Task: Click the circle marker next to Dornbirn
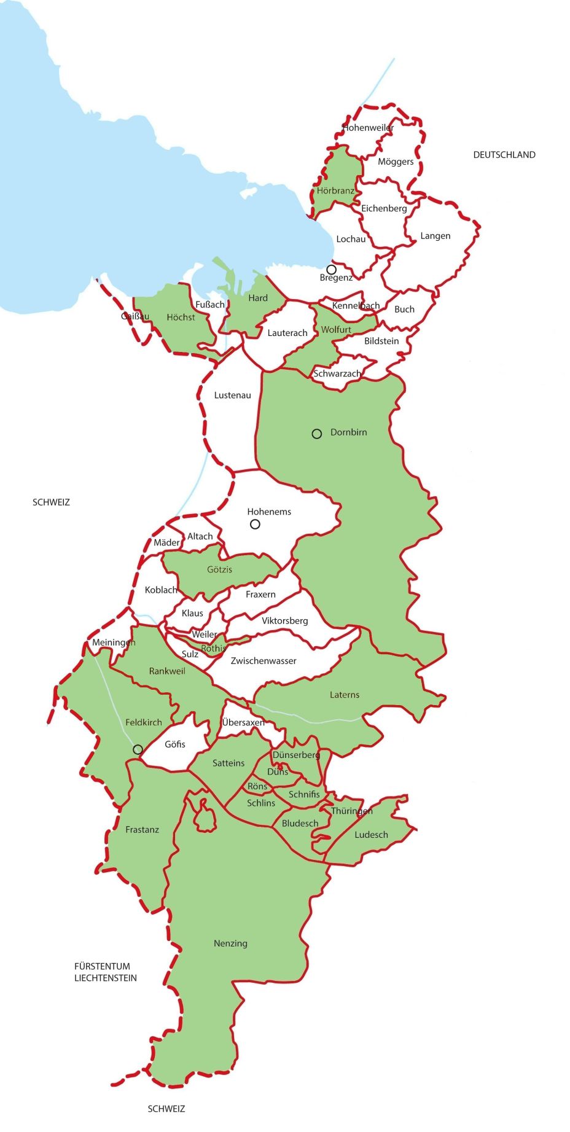(317, 434)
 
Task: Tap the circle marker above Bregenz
(331, 270)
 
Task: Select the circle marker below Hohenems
(255, 524)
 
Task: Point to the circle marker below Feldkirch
(138, 749)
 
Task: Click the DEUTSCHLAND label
(504, 155)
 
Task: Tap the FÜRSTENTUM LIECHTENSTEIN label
(106, 972)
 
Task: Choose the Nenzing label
(230, 943)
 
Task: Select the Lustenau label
(232, 395)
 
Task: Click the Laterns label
(344, 695)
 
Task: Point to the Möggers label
(396, 162)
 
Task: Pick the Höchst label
(181, 317)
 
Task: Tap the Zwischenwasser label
(264, 661)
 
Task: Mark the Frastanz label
(142, 829)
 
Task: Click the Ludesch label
(371, 835)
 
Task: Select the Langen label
(435, 236)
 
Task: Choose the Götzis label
(219, 569)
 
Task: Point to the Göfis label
(174, 744)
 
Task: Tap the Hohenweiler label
(368, 128)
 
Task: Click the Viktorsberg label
(284, 620)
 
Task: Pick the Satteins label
(228, 763)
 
